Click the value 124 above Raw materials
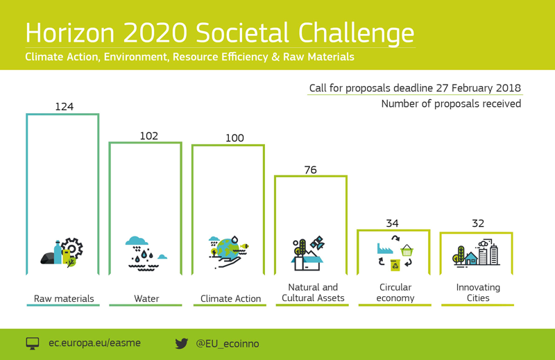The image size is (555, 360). tap(64, 107)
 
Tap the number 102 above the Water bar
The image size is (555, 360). tap(148, 136)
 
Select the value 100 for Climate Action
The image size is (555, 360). tap(234, 138)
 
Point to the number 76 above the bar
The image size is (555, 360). tap(310, 170)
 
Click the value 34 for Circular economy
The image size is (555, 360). tap(392, 223)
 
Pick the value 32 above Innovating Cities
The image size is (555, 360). tap(478, 223)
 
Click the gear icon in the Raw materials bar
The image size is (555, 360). tap(72, 248)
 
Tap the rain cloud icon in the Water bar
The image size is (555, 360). tap(137, 241)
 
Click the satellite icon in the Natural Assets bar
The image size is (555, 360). tap(317, 242)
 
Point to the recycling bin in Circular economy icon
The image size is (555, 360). tap(395, 265)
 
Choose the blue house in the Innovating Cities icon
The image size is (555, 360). tap(471, 259)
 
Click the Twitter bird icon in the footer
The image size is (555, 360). tap(182, 343)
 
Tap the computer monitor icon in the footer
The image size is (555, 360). tap(33, 343)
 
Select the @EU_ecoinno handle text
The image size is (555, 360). tap(228, 344)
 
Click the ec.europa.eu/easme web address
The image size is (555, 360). tap(94, 343)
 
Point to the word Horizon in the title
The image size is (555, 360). tap(70, 33)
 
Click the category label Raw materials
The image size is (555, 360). tap(64, 298)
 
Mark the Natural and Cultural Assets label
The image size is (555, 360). tap(313, 293)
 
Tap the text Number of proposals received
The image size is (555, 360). tap(451, 104)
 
